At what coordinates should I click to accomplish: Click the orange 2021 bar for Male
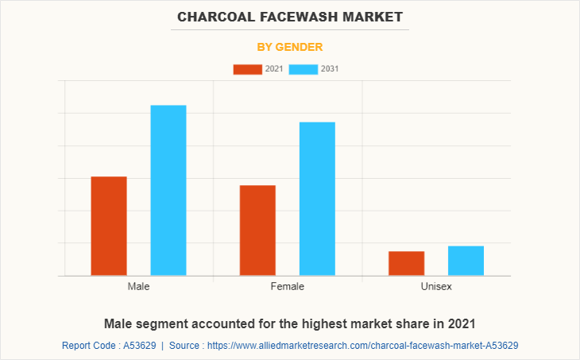[109, 226]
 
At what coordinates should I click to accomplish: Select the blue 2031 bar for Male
[168, 190]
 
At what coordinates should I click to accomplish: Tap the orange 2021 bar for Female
[257, 230]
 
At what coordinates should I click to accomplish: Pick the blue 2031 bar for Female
[317, 199]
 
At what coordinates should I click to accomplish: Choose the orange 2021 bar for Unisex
[406, 263]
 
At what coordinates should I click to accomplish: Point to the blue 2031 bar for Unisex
[466, 261]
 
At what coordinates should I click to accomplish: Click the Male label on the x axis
[138, 286]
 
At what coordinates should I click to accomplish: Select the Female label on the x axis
[287, 286]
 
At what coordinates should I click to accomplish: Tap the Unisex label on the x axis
[435, 286]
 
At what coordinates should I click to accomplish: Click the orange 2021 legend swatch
[247, 69]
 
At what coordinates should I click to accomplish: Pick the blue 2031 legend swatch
[304, 69]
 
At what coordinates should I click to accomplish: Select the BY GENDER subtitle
[290, 47]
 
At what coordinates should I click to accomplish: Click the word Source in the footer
[188, 346]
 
